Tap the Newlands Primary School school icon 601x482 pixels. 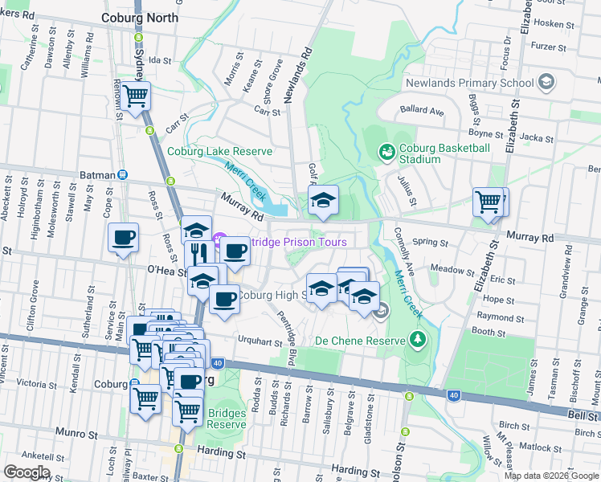[546, 82]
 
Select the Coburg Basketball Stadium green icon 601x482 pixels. [386, 151]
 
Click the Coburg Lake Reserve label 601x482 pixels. [219, 151]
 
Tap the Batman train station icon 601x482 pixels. [122, 174]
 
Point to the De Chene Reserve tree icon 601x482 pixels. [417, 340]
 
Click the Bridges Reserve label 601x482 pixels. [227, 419]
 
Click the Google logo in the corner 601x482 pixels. [26, 472]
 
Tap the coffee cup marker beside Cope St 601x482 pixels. [123, 237]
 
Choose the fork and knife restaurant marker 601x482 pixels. [198, 254]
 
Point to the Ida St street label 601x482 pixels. [161, 60]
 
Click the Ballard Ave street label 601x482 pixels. [423, 112]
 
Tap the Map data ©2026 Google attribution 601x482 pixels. [550, 476]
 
